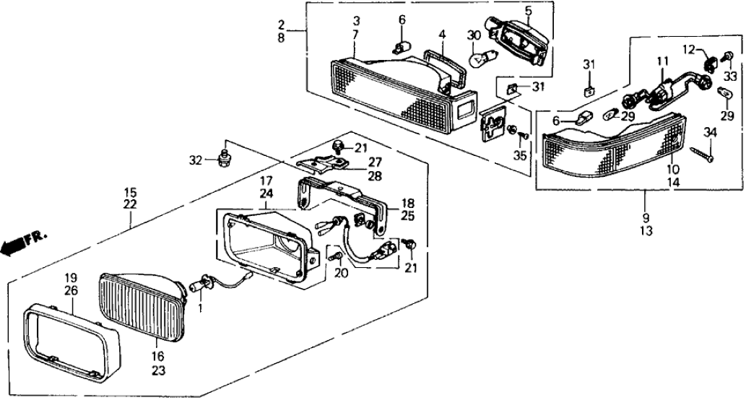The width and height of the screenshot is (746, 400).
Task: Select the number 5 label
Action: click(528, 11)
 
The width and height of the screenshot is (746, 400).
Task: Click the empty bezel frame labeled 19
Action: click(69, 339)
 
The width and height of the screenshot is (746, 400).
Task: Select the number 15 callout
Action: click(130, 193)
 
